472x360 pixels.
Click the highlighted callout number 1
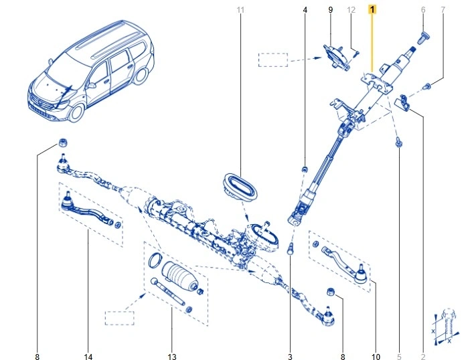[373, 10]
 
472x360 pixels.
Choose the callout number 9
[330, 10]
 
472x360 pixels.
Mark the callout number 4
[305, 10]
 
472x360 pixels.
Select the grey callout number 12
[351, 10]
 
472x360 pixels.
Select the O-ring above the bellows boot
[155, 260]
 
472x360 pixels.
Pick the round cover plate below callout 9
[336, 57]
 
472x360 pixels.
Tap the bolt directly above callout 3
[291, 250]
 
